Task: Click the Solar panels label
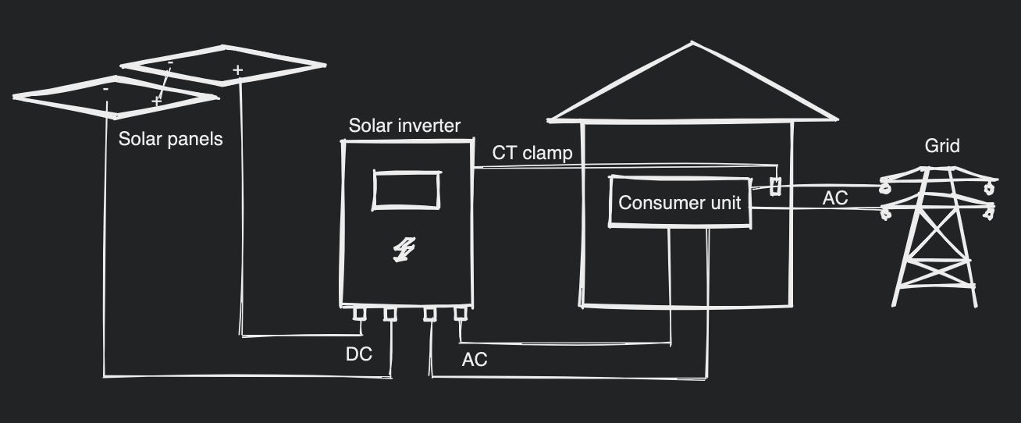170,139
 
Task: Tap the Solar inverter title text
404,126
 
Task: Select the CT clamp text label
532,153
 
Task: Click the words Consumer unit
679,203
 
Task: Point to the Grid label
942,146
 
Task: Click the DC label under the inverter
359,354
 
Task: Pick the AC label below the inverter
475,360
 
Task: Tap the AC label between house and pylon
834,198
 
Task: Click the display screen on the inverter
407,190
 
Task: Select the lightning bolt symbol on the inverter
404,249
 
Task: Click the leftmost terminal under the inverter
359,314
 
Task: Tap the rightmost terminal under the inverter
461,314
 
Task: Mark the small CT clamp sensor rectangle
775,186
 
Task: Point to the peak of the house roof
693,44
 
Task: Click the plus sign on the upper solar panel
237,70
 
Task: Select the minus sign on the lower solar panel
106,90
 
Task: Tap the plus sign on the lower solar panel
156,101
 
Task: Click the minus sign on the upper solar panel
170,62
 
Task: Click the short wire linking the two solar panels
164,82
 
